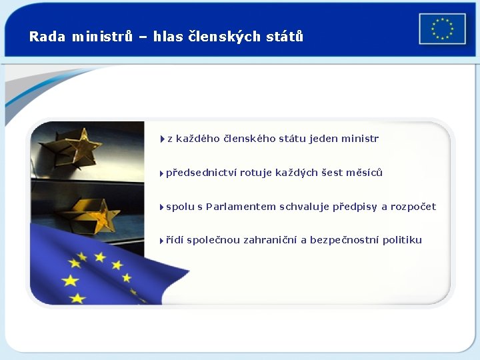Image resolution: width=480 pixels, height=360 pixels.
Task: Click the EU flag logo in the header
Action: click(x=442, y=29)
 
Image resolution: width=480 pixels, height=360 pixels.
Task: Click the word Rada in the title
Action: click(x=47, y=37)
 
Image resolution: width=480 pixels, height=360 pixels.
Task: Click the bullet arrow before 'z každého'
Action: click(x=162, y=139)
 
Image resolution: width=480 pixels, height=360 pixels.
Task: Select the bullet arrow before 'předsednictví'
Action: click(x=162, y=173)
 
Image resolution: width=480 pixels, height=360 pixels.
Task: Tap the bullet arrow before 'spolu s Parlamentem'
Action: click(x=162, y=207)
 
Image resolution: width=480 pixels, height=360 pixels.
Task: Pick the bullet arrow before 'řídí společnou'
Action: click(x=162, y=240)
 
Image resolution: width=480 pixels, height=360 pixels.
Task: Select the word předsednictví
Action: click(x=201, y=173)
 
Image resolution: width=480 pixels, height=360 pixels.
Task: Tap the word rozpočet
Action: click(x=413, y=207)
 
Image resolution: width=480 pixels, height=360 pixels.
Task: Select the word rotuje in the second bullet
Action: click(x=255, y=173)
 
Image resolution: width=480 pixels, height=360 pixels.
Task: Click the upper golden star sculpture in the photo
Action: click(x=81, y=145)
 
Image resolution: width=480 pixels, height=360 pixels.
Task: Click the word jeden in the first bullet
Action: click(x=323, y=139)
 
